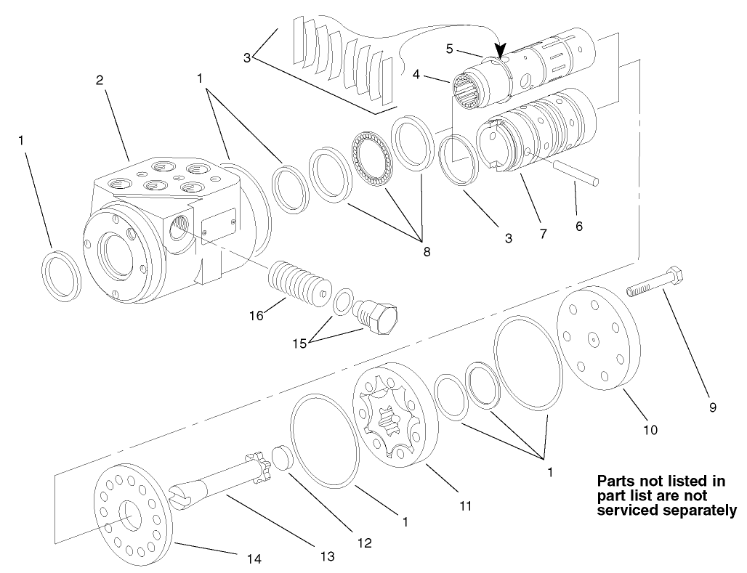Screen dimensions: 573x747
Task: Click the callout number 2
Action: pos(100,80)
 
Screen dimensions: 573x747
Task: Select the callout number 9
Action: pos(712,407)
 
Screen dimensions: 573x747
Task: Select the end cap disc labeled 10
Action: pos(600,334)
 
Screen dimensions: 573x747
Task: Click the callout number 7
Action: pos(543,234)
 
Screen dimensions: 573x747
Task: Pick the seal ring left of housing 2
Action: pos(60,276)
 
